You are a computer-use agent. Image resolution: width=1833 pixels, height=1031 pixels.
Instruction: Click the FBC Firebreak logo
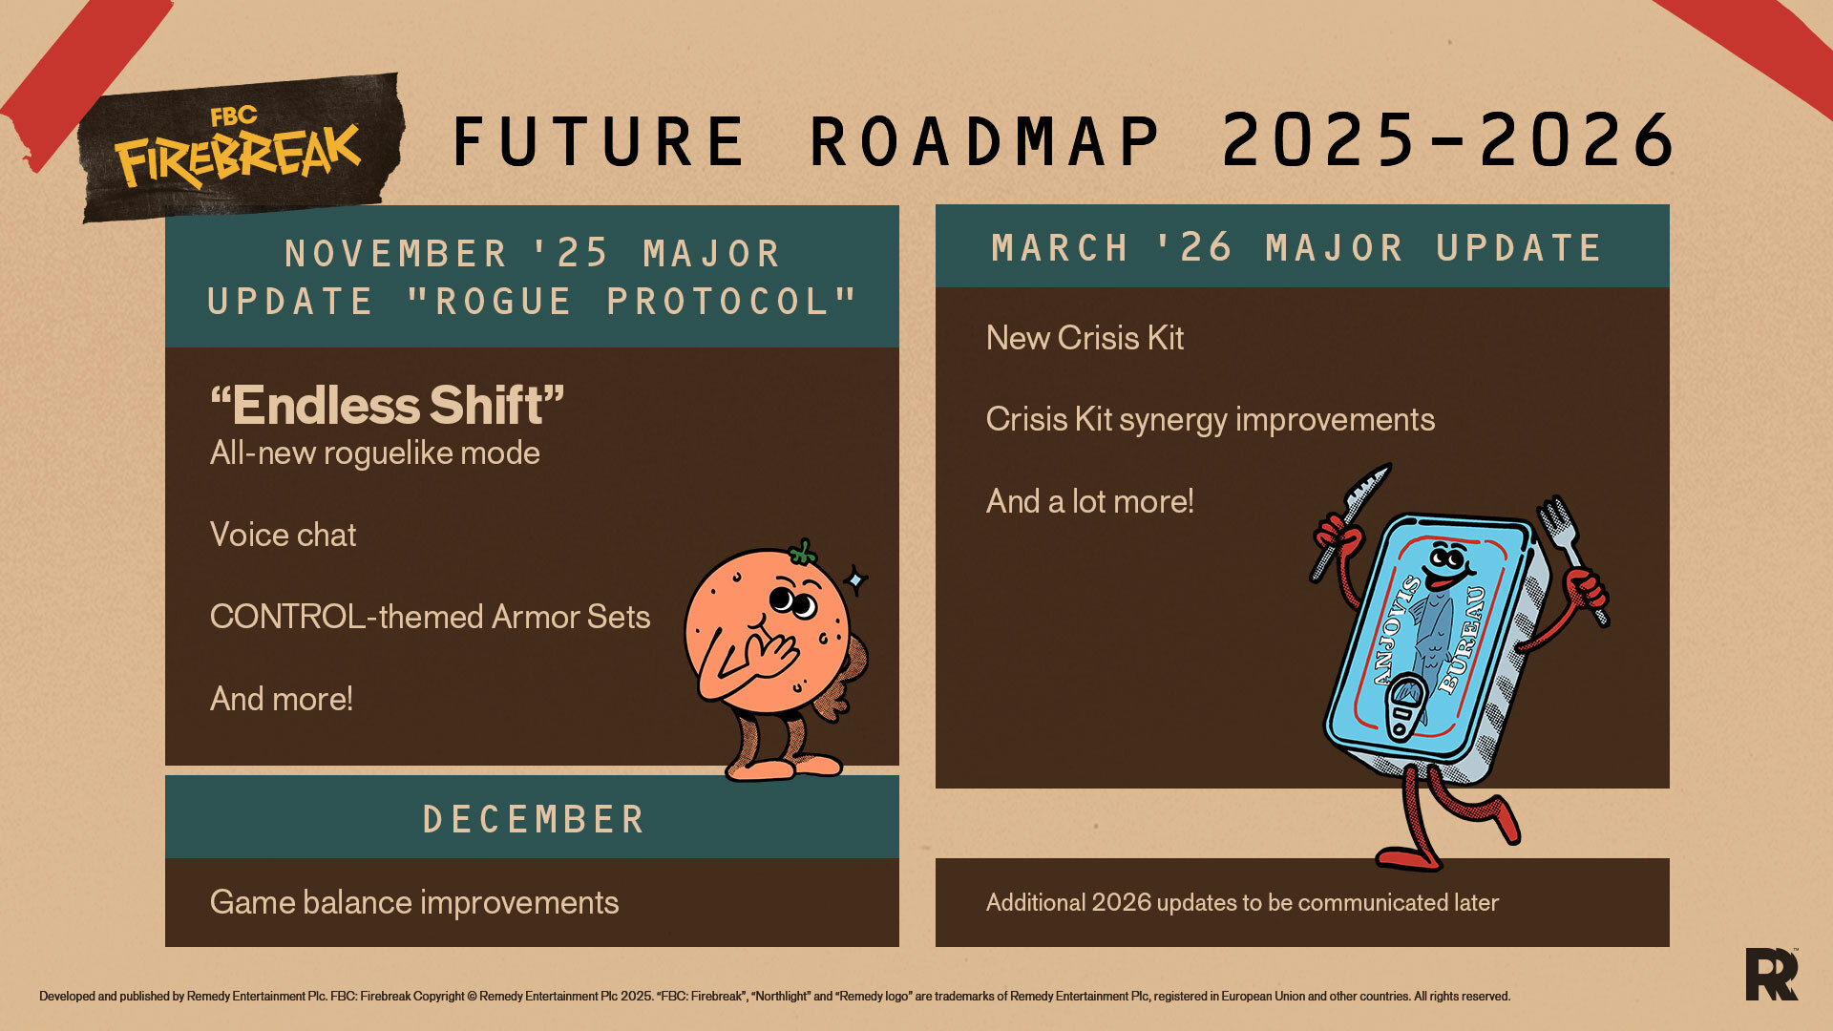click(x=239, y=149)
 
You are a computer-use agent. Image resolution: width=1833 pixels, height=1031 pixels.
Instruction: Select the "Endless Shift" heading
click(x=387, y=405)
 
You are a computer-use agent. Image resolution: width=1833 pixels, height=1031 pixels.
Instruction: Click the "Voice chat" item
click(x=283, y=535)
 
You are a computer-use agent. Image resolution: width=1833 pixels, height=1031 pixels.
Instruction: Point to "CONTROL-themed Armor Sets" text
click(x=430, y=617)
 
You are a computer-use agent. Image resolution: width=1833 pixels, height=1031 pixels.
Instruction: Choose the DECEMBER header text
click(x=534, y=820)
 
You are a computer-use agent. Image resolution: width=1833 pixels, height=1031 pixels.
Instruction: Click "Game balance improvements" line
click(x=414, y=903)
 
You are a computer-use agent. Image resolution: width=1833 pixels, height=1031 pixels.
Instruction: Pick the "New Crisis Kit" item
click(x=1085, y=338)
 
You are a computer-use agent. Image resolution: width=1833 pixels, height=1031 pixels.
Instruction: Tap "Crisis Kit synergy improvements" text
click(x=1210, y=420)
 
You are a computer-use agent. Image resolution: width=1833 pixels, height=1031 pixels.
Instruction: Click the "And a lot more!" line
click(x=1089, y=501)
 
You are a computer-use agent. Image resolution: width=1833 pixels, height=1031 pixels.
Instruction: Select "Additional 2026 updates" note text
click(x=1242, y=903)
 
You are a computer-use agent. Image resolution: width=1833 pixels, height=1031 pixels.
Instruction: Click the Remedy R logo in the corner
click(x=1772, y=974)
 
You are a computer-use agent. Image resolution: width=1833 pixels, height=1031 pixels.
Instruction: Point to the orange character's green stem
click(x=803, y=552)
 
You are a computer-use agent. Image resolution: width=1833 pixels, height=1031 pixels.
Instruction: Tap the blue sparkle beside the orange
click(x=856, y=579)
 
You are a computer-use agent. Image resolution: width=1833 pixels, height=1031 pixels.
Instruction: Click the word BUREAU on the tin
click(x=1464, y=640)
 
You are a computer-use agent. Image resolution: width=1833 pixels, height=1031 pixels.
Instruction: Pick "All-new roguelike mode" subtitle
click(x=374, y=452)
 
